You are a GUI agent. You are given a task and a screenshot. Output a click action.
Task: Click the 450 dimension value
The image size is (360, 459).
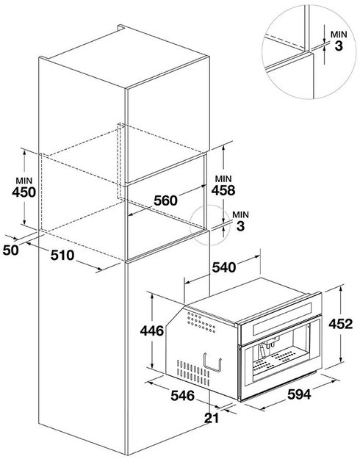[24, 192]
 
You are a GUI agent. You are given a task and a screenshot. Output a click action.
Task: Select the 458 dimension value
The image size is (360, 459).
[223, 190]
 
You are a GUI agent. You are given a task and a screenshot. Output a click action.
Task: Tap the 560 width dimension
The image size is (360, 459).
[165, 200]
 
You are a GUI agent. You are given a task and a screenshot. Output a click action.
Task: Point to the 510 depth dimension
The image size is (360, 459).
[62, 256]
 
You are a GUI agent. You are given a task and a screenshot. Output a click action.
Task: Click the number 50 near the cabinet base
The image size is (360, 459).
[11, 250]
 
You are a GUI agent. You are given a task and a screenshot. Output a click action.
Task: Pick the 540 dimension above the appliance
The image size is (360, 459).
[224, 267]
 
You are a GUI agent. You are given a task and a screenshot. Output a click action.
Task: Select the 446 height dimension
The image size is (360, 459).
[152, 331]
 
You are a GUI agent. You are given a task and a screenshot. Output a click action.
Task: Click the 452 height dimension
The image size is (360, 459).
[341, 324]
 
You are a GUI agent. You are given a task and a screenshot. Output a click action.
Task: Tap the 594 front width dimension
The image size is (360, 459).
[299, 394]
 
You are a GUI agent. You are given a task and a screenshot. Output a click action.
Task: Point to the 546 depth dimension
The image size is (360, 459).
[183, 396]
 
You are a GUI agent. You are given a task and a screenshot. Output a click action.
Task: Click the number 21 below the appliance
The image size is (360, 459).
[212, 418]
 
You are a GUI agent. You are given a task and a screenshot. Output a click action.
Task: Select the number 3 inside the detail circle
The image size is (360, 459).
[339, 46]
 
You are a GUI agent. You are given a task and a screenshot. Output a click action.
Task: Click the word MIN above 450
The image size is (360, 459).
[24, 181]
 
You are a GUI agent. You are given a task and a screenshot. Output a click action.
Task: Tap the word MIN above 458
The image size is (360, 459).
[223, 178]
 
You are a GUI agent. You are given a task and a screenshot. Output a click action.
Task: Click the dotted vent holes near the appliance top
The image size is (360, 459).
[201, 322]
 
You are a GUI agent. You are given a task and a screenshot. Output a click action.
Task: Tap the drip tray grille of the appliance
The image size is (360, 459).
[274, 360]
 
